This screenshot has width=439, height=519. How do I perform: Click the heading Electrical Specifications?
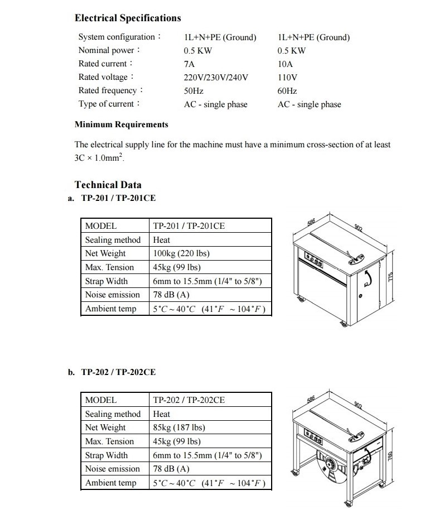pos(128,18)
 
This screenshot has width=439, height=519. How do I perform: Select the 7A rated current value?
pos(189,64)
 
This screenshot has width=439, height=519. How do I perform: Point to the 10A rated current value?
pos(285,64)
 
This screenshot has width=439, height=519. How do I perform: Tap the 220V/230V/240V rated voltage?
pos(216,78)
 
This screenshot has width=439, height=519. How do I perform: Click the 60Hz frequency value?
pos(287,91)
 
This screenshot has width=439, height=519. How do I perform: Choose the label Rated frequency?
pos(110,90)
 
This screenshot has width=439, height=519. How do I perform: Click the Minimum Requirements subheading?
pos(121,124)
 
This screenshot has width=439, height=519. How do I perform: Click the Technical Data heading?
pos(108,185)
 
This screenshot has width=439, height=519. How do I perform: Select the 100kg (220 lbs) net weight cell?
pos(181,253)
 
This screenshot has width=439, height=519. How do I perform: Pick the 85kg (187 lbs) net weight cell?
pos(179,427)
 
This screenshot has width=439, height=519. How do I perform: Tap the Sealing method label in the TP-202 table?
pos(113,414)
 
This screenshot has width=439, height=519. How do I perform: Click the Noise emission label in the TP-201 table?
pos(112,295)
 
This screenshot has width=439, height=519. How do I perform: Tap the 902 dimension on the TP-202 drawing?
pos(358,405)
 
